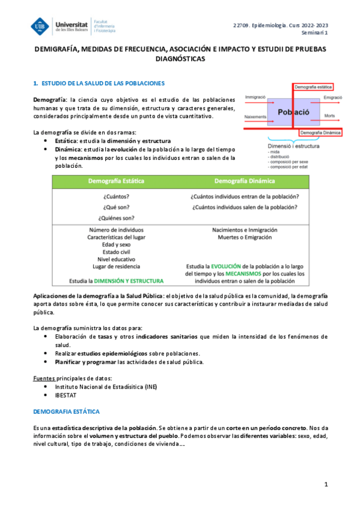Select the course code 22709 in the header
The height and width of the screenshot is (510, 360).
pyautogui.click(x=242, y=25)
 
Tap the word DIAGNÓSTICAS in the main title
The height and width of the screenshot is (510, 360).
pyautogui.click(x=180, y=60)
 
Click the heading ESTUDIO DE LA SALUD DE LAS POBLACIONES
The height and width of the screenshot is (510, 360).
pyautogui.click(x=102, y=82)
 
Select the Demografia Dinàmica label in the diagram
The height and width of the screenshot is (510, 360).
pyautogui.click(x=320, y=132)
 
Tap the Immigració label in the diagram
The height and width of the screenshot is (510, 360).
pyautogui.click(x=255, y=96)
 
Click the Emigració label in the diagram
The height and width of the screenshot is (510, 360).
pyautogui.click(x=333, y=97)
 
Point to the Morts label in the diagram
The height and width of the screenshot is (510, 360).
pyautogui.click(x=329, y=115)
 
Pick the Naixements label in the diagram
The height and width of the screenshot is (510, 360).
pyautogui.click(x=255, y=116)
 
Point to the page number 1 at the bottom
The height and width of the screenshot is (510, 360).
pyautogui.click(x=325, y=484)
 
